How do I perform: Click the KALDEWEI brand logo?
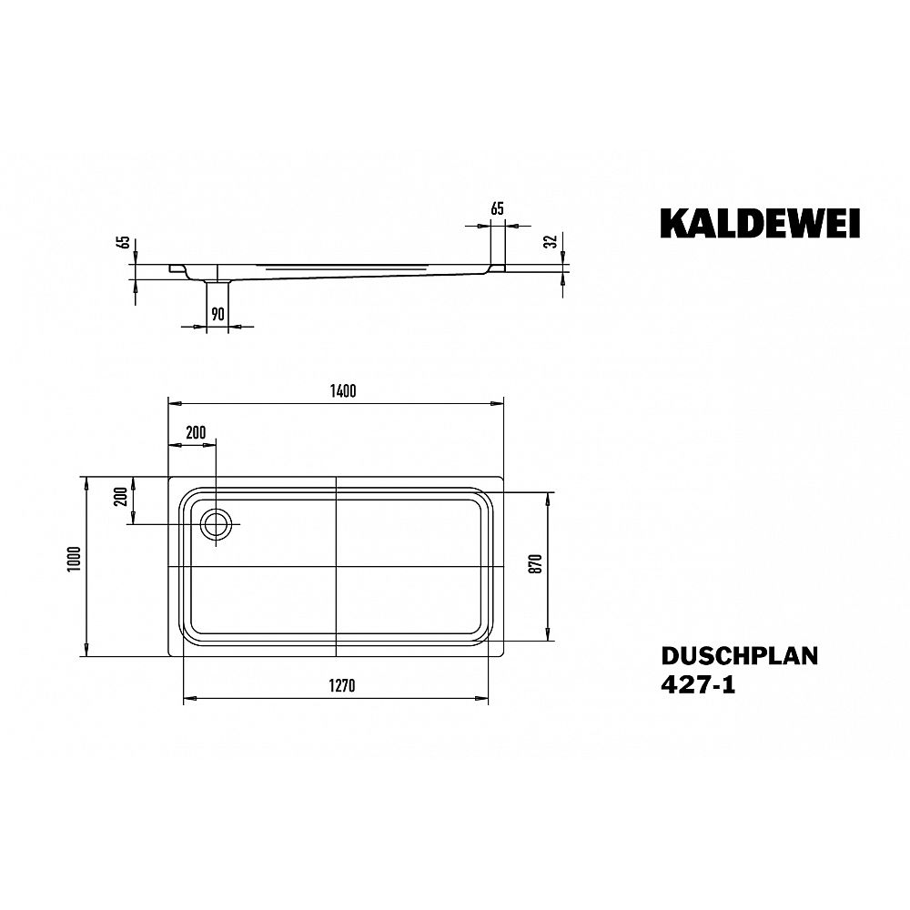[760, 224]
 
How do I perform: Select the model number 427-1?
[697, 686]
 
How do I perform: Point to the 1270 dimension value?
[342, 687]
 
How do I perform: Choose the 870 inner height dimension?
[536, 564]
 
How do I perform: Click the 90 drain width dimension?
[217, 314]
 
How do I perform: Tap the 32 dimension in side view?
[549, 241]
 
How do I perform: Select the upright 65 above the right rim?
[497, 209]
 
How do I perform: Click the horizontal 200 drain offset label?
[195, 432]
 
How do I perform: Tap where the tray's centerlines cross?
[337, 566]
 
